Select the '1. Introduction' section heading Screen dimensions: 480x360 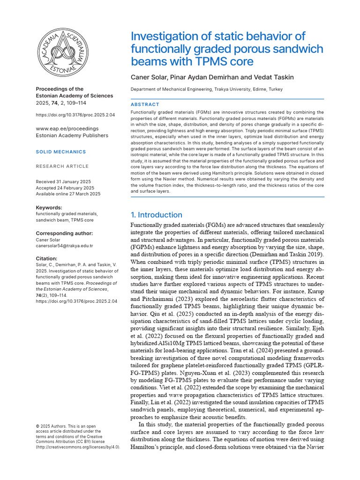pos(156,215)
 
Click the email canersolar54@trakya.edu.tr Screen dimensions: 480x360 pos(64,246)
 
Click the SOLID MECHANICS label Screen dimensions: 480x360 pos(61,152)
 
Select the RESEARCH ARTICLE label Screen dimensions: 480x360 pos(62,166)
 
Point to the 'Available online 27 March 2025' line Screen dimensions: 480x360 pos(68,194)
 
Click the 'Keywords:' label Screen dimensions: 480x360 pos(49,207)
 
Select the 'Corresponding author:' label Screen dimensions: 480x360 pos(64,233)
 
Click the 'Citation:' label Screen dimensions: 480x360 pos(47,258)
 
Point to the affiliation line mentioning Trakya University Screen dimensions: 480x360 pos(206,89)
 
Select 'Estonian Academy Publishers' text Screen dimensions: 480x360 pos(72,135)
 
